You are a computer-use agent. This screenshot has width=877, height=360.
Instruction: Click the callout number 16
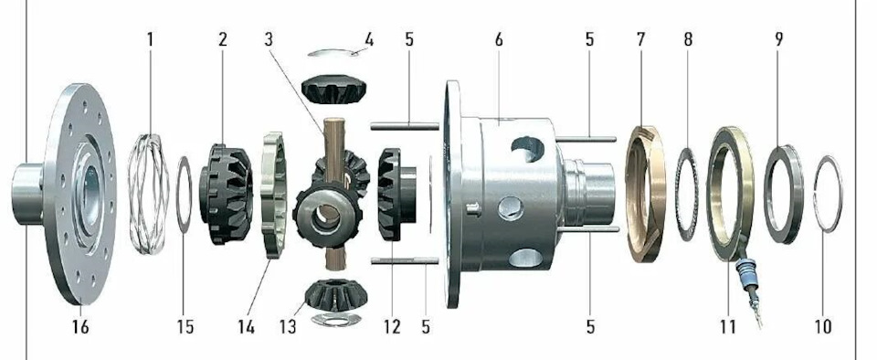pos(80,326)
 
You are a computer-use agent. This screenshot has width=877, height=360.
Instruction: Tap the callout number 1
pos(149,39)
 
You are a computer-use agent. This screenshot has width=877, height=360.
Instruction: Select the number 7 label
pos(640,39)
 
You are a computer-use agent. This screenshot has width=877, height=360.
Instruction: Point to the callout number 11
pos(727,326)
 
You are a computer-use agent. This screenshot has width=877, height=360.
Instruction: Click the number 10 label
pos(823,326)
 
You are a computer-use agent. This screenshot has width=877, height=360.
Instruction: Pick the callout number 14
pos(246,326)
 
